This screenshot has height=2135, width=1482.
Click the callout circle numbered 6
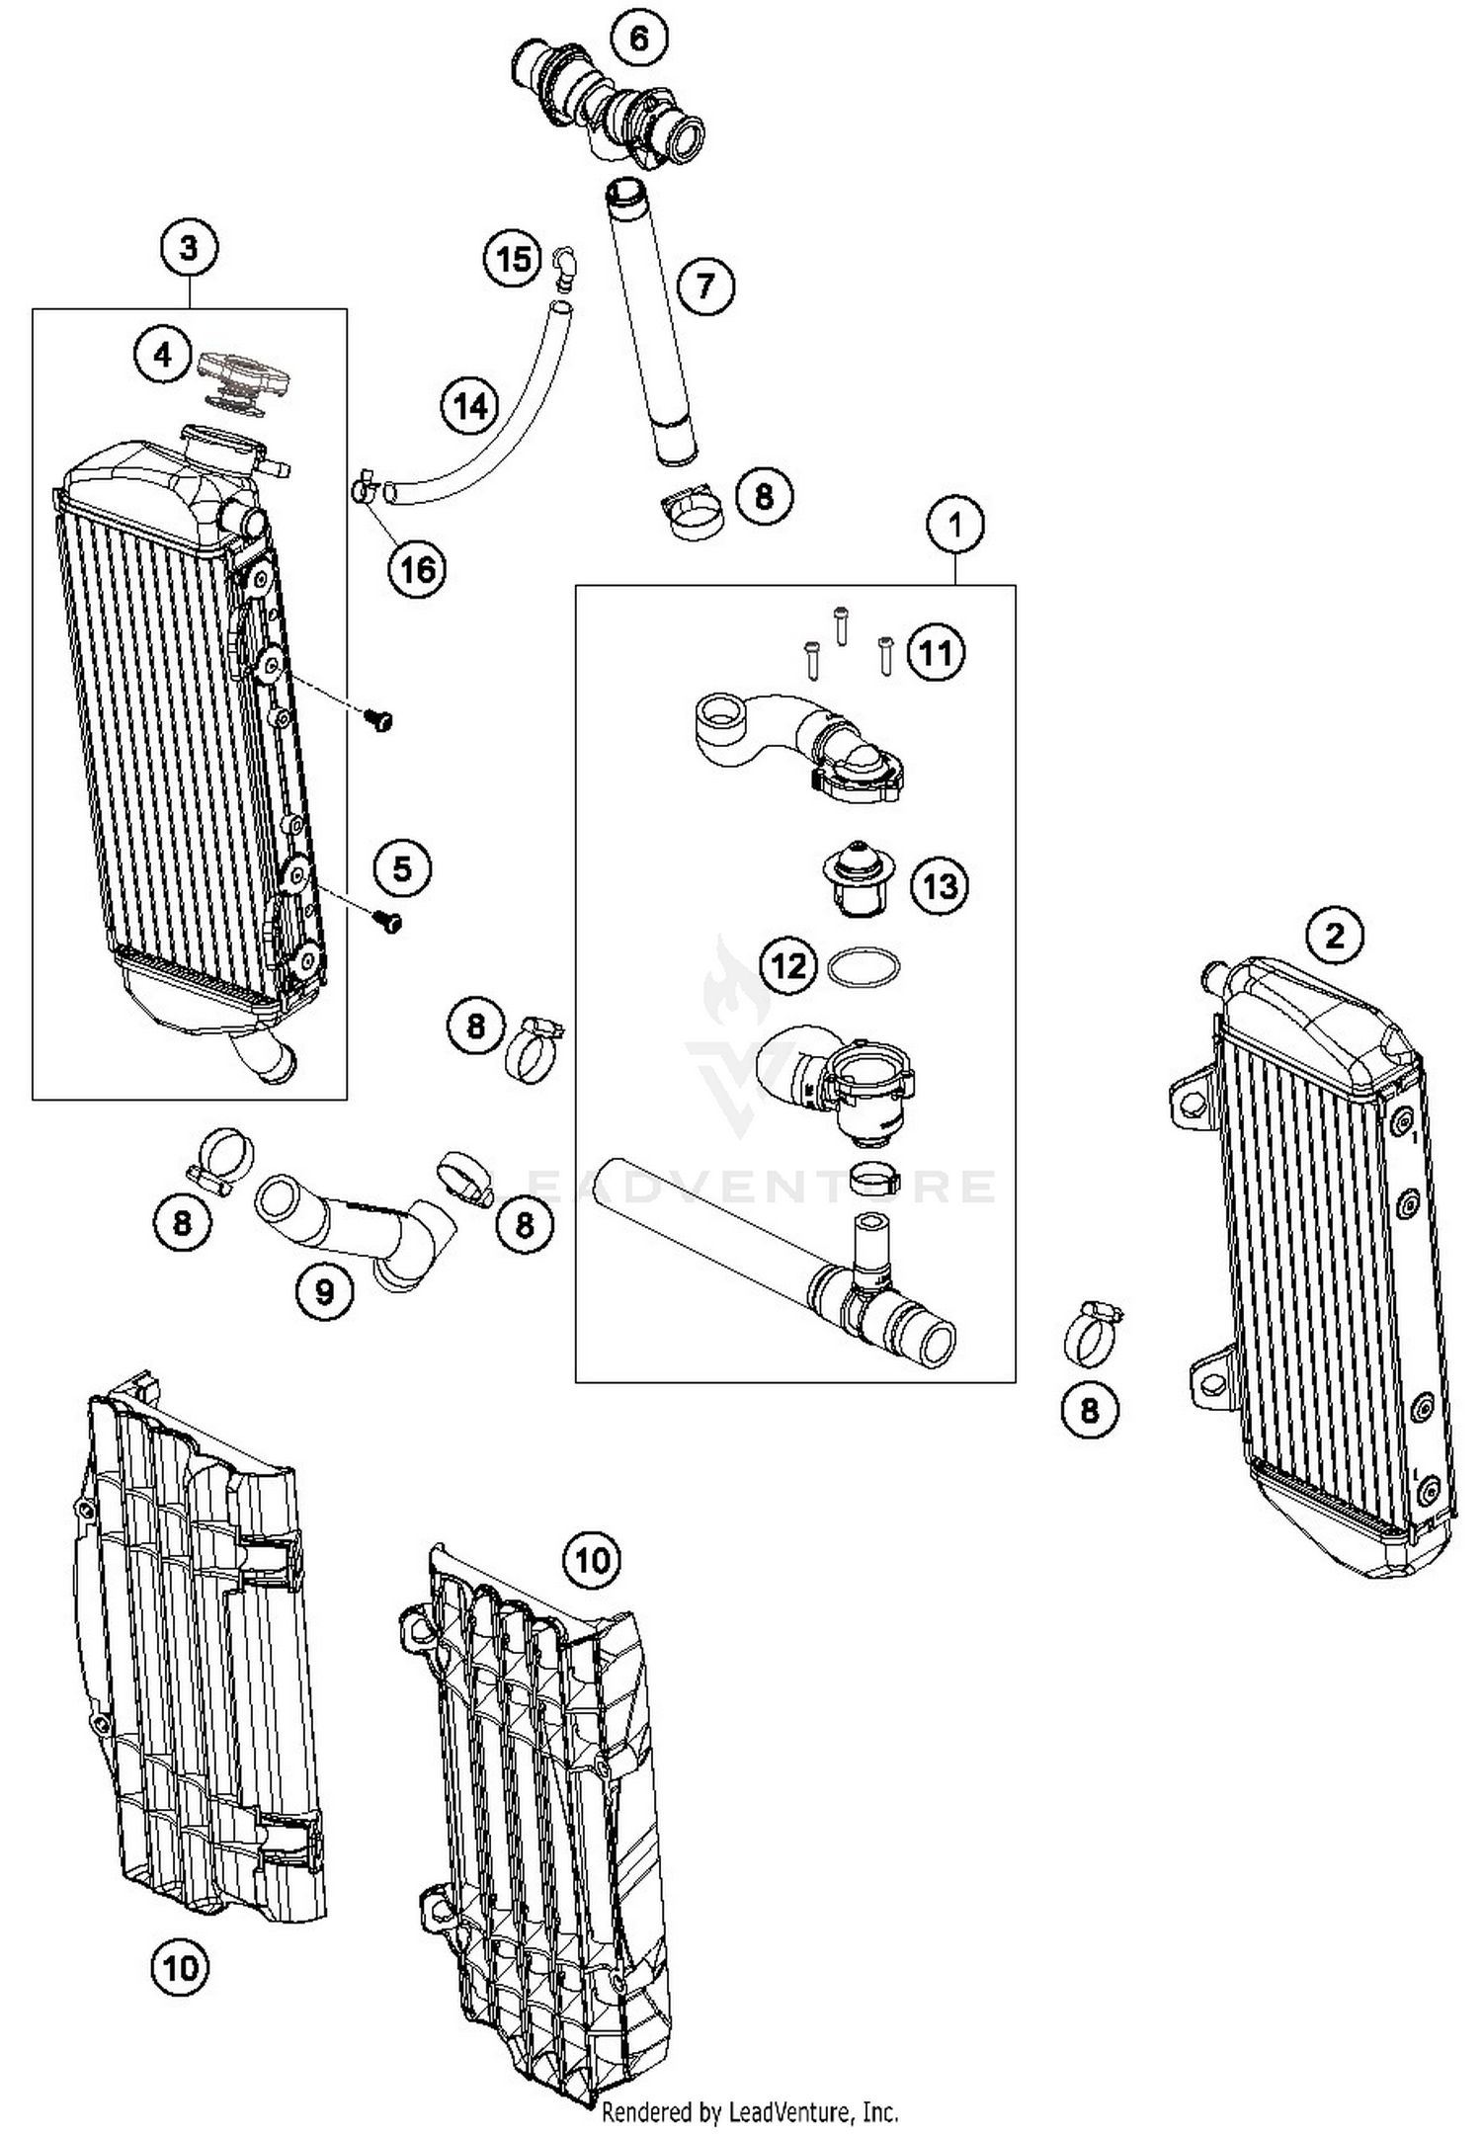[638, 40]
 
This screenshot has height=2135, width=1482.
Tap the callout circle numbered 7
[705, 287]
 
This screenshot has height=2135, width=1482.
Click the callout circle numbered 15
[513, 260]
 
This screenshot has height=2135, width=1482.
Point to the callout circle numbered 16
[417, 569]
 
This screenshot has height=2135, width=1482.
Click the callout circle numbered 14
[470, 406]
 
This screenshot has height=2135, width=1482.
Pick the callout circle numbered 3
[189, 248]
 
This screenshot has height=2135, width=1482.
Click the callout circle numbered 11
[936, 653]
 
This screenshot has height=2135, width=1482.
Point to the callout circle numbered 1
[954, 526]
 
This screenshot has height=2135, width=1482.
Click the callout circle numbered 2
[1335, 935]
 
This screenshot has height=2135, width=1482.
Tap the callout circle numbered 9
[325, 1290]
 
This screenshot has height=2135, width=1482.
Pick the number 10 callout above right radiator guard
[592, 1561]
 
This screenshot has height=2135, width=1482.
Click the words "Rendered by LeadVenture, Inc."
[750, 2112]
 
